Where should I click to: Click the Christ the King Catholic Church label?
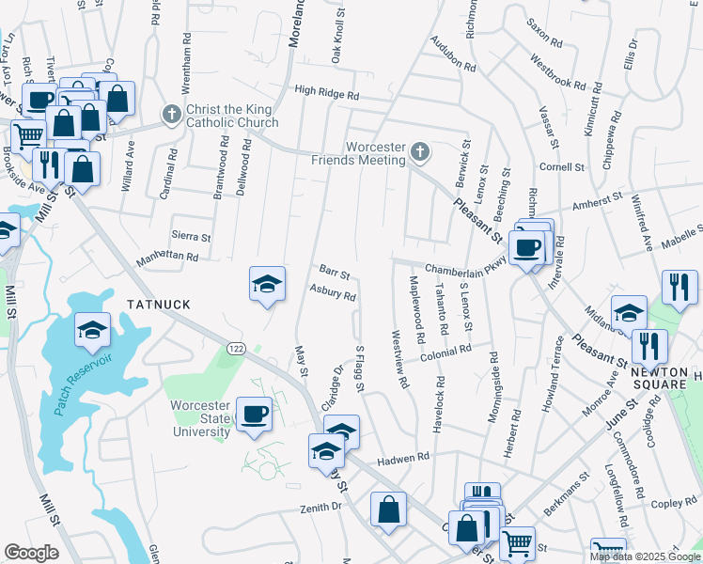coord(233,116)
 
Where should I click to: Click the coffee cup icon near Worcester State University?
coord(255,414)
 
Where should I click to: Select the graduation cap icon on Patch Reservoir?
coord(93,330)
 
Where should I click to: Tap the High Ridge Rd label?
coord(327,94)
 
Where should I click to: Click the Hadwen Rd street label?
coord(403,458)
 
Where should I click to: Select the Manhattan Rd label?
coord(167,256)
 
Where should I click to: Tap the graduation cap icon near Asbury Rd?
coord(267,283)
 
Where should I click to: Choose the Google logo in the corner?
coord(31,553)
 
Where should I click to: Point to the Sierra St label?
coord(191,238)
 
